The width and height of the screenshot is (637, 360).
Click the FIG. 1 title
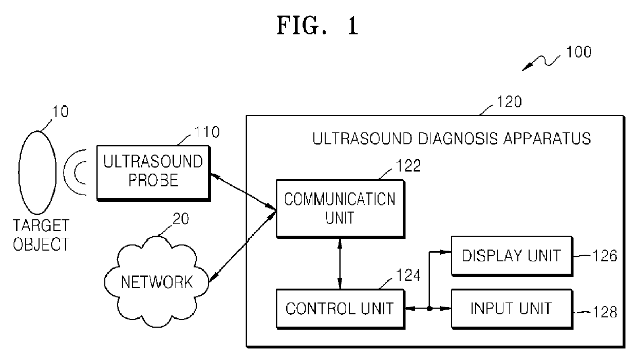coord(317,26)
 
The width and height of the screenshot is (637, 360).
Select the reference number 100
coord(579,52)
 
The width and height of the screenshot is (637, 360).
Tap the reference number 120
coord(509,102)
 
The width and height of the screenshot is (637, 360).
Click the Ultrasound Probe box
coord(154,173)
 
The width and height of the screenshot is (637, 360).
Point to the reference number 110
coord(207,132)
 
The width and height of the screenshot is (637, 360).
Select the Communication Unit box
coord(341,209)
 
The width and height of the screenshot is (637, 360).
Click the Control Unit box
coord(341,309)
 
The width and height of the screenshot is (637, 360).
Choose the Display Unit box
coord(512,256)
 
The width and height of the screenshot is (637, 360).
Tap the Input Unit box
coord(512,309)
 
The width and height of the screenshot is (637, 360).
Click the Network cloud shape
coord(157,282)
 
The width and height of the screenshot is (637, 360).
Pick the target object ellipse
coord(38,173)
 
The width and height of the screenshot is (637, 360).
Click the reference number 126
coord(605,256)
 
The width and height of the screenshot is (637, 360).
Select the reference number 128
coord(605,312)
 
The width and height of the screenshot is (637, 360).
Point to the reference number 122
coord(408,166)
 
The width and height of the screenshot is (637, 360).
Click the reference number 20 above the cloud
coord(181,219)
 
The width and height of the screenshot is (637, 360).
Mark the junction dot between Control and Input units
coord(429,308)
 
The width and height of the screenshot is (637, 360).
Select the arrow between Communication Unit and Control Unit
coord(340,263)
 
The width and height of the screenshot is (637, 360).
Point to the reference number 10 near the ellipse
coord(60,112)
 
